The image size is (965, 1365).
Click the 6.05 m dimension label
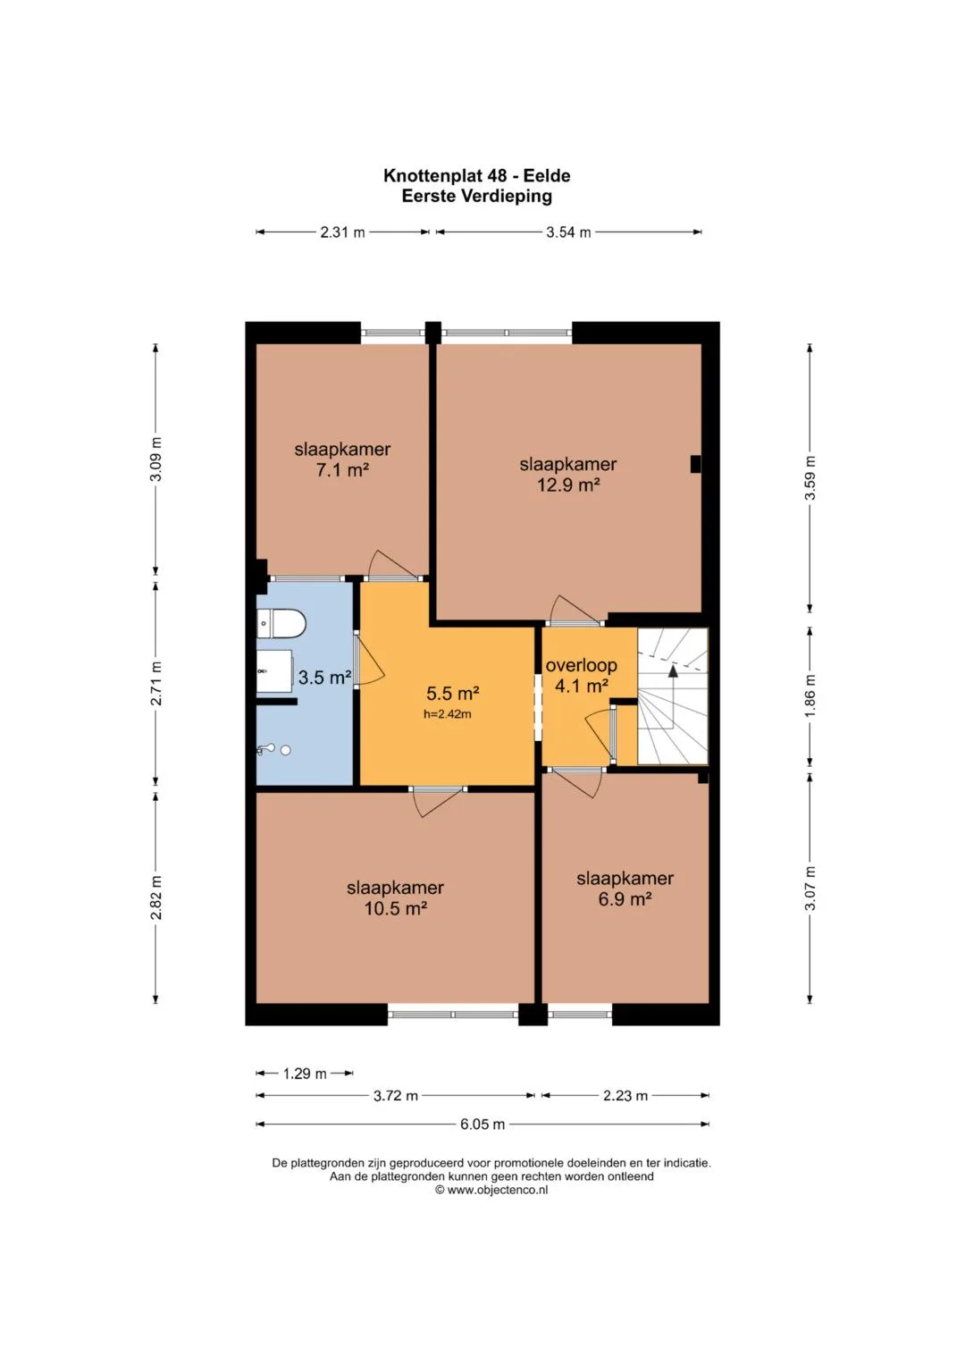pos(482,1125)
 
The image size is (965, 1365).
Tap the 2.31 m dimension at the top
pos(342,232)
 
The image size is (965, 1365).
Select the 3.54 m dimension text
pos(568,232)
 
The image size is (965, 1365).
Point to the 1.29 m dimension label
pos(305,1074)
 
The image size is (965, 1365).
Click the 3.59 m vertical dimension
pos(810,477)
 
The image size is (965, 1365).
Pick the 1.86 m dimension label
pos(810,695)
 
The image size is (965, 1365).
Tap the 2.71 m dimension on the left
pos(156,683)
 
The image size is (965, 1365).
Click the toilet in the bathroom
pos(281,623)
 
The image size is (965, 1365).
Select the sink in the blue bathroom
pos(274,671)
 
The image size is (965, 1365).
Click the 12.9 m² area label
pos(568,485)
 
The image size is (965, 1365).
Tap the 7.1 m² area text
pos(342,470)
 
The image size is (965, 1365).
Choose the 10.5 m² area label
pos(395,908)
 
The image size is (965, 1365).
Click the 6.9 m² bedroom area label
pos(625,899)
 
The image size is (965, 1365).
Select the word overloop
pos(581,665)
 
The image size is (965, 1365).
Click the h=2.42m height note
pos(447,714)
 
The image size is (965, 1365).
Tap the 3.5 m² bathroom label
pos(324,677)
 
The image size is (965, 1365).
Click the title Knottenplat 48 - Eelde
pos(477,176)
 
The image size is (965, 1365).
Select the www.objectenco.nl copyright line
pos(491,1190)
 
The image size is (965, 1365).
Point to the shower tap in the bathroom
pos(265,749)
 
